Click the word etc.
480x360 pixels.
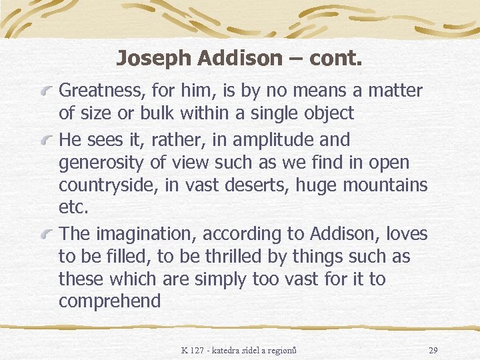coord(73,208)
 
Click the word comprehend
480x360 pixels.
coord(110,301)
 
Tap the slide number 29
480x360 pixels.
coord(433,350)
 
